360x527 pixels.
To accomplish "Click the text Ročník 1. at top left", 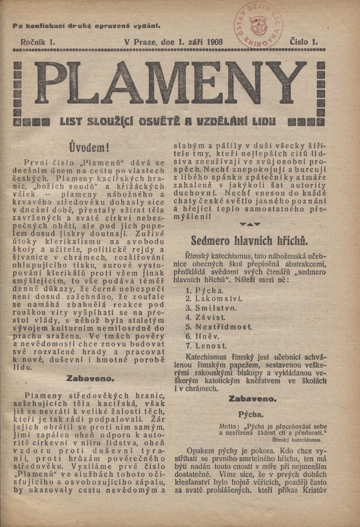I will click(x=37, y=42).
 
